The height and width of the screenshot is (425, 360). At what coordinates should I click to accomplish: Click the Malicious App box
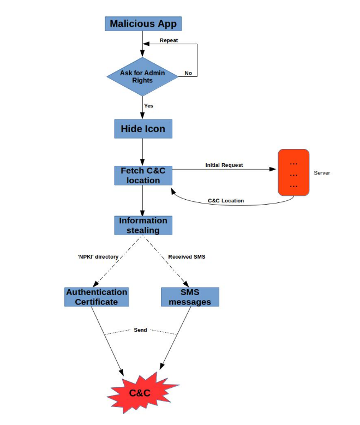tap(142, 23)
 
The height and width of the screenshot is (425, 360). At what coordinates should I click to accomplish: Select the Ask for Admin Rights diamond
tap(142, 76)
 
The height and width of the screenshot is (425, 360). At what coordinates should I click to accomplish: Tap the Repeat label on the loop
tap(169, 40)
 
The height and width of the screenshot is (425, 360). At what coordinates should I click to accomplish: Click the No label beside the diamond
tap(188, 73)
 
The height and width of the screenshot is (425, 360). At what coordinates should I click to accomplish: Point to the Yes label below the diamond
tap(148, 105)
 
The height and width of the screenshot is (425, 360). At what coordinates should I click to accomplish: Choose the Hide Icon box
tap(142, 129)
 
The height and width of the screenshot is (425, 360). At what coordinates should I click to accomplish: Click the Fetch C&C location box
tap(142, 176)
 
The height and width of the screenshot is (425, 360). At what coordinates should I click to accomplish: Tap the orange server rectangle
tap(293, 172)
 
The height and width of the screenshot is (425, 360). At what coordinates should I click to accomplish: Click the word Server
tap(322, 173)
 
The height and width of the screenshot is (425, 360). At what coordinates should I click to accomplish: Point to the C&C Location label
tap(226, 201)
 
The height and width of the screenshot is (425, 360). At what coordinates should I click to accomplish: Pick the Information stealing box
tap(143, 225)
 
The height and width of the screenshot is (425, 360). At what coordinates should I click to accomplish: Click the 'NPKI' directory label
tap(98, 256)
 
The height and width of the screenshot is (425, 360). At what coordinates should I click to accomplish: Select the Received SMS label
tap(187, 256)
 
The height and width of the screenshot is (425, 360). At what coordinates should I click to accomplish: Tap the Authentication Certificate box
tap(97, 297)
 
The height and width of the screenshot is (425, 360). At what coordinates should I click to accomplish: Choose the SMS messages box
tap(190, 297)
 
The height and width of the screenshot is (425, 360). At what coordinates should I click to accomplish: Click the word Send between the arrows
tap(140, 330)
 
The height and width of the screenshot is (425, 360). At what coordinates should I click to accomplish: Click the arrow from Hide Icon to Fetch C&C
tap(142, 152)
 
